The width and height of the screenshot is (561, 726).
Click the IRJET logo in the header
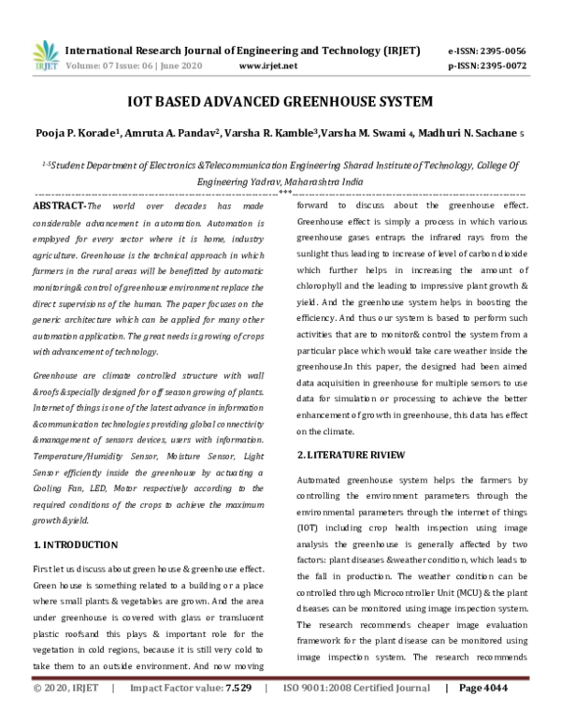pos(40,56)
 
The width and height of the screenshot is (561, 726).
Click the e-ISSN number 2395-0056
pos(504,51)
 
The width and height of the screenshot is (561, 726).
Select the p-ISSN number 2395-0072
pos(504,67)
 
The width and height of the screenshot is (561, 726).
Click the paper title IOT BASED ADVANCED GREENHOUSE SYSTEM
pos(280,101)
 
